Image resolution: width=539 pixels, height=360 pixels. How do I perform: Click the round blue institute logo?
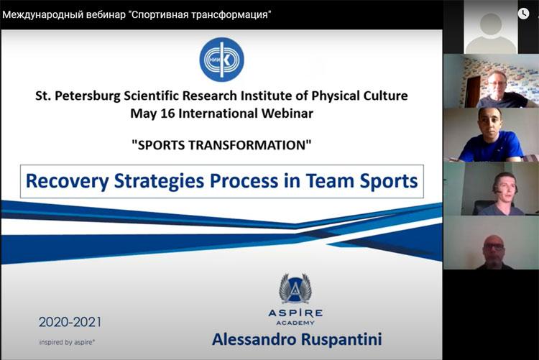(222, 60)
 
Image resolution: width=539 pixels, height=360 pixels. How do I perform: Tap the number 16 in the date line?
(167, 114)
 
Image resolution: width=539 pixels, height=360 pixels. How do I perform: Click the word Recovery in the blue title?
(67, 181)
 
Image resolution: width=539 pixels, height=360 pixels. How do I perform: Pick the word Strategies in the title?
(159, 181)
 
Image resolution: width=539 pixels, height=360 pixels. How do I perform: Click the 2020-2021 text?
(70, 322)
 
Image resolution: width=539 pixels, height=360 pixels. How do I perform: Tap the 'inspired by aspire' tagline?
(67, 342)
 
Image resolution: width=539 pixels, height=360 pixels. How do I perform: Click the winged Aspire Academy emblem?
(295, 288)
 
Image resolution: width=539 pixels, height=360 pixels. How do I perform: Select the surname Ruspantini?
(341, 339)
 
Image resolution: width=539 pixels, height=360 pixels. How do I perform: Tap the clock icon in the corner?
(523, 14)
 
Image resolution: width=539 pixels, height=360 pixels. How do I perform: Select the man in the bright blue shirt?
(492, 135)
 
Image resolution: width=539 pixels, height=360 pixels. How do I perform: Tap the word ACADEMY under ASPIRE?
(295, 323)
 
